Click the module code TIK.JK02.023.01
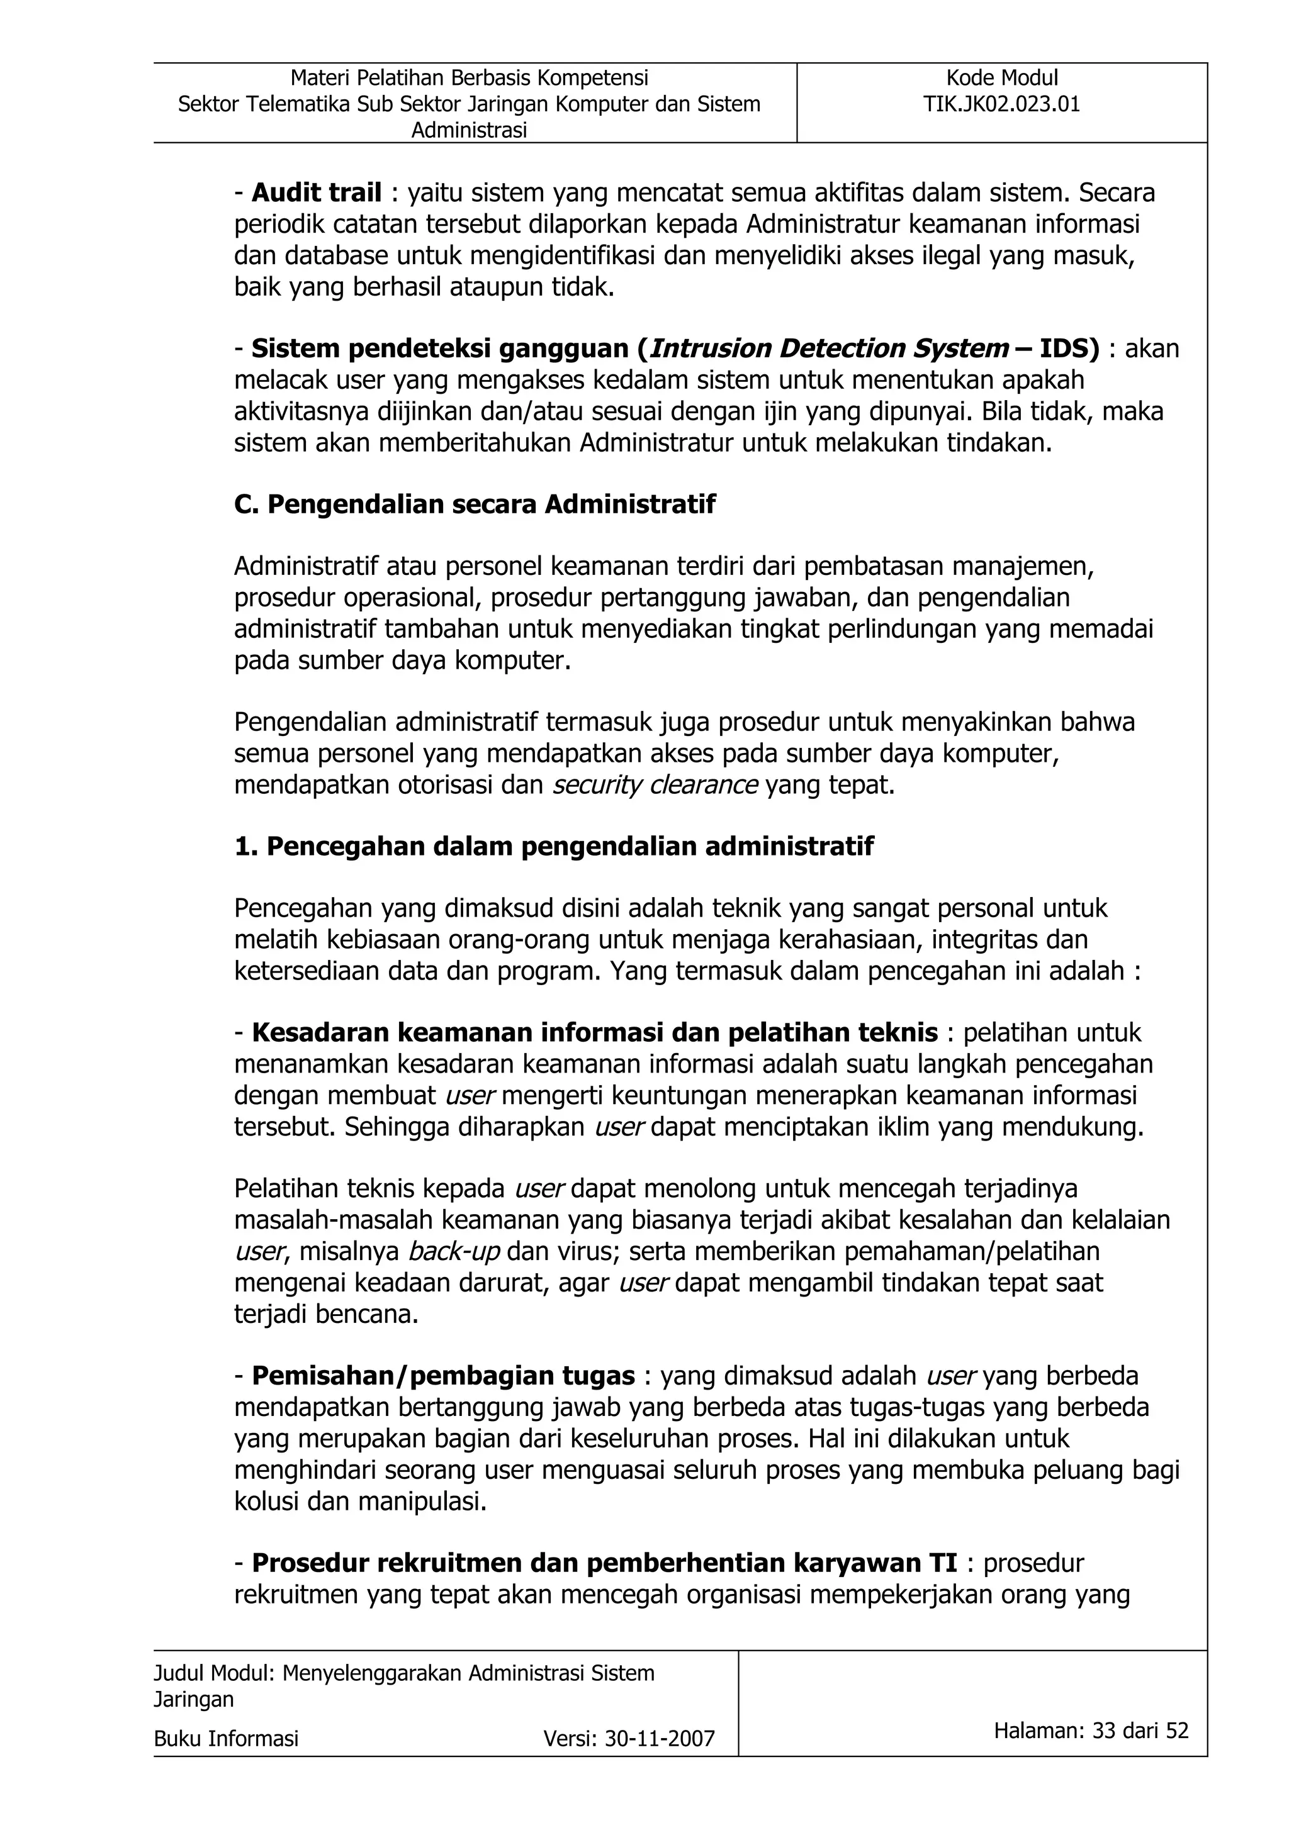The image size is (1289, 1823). point(1001,104)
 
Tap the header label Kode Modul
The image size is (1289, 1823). point(1001,78)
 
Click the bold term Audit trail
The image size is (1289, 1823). point(316,193)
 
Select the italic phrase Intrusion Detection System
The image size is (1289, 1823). point(829,348)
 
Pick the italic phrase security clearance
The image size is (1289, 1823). point(655,785)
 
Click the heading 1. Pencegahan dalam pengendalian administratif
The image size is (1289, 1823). point(554,847)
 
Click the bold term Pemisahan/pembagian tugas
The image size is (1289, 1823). point(443,1376)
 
